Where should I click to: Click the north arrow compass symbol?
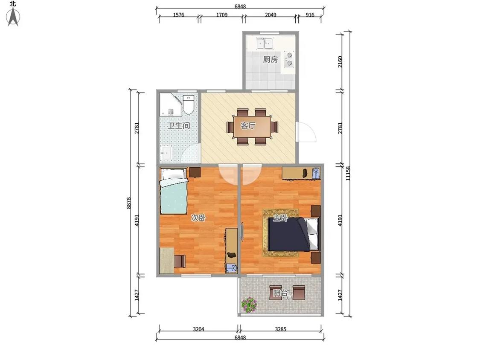(13, 17)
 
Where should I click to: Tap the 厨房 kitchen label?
(271, 59)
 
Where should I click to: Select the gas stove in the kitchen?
(289, 60)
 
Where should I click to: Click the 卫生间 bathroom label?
(178, 125)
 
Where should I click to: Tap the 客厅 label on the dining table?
(248, 125)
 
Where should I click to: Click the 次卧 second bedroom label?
(198, 218)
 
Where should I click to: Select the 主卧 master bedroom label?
(280, 218)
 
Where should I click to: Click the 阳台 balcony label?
(281, 293)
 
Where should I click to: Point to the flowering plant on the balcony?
(249, 305)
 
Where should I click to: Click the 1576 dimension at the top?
(178, 15)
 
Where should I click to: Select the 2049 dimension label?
(271, 15)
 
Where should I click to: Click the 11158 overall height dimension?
(348, 173)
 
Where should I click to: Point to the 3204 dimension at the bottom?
(198, 329)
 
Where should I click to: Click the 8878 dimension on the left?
(129, 203)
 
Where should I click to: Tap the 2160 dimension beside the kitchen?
(340, 62)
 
